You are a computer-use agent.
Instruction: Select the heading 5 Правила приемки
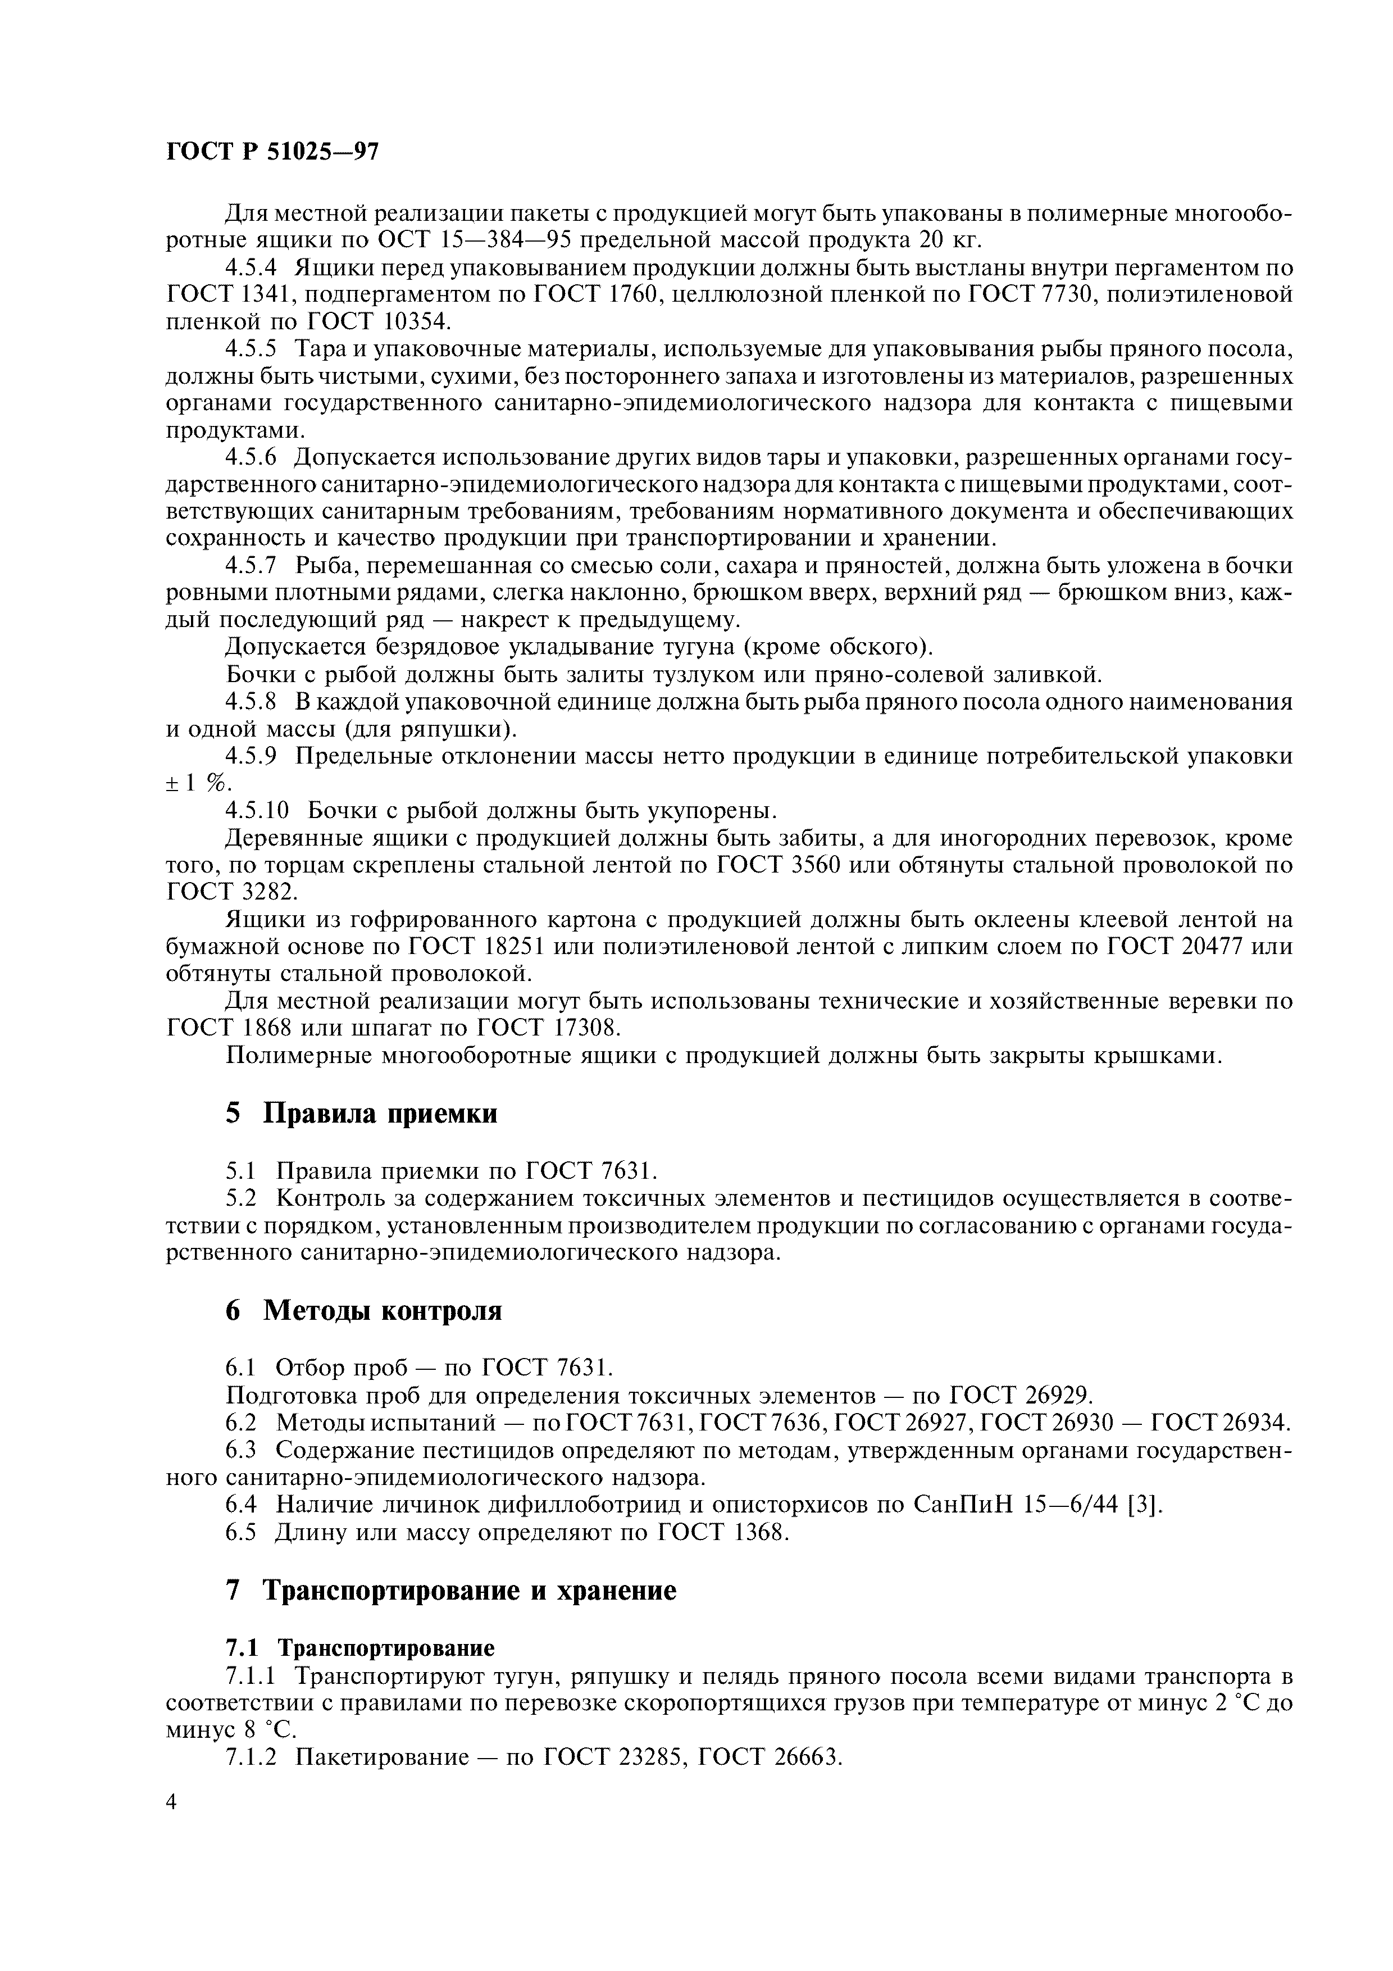pos(361,1114)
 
